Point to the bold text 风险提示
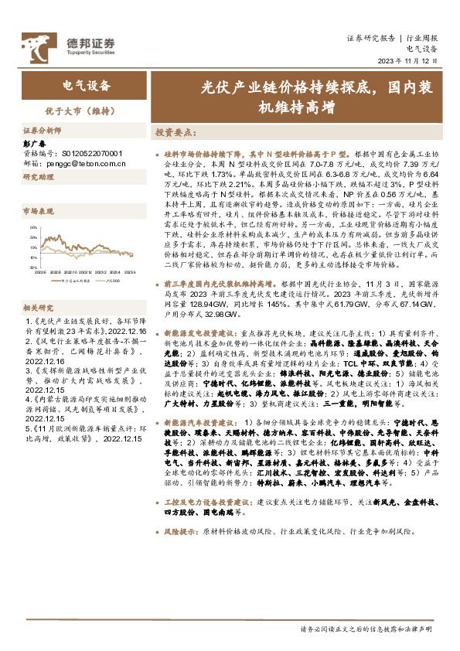[182, 533]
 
